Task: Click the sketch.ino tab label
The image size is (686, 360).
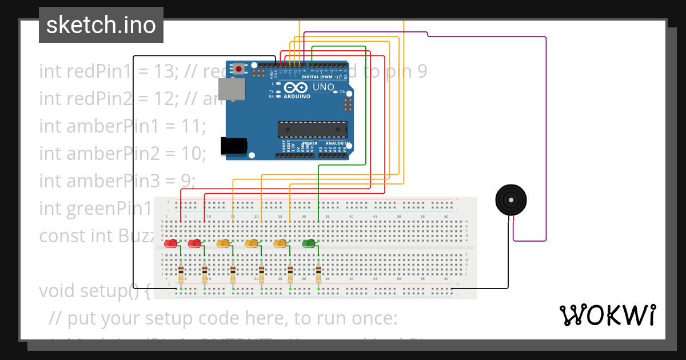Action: click(101, 25)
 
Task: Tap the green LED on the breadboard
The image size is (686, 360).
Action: click(309, 244)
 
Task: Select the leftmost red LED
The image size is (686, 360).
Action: click(170, 244)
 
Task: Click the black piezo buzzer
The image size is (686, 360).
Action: click(510, 200)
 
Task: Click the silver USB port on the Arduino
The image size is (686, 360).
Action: click(232, 90)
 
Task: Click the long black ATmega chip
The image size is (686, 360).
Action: click(312, 130)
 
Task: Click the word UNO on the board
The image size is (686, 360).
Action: click(323, 87)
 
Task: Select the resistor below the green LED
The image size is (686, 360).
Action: click(318, 274)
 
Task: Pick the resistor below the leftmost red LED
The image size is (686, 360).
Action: click(181, 274)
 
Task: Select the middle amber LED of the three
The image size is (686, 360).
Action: click(251, 244)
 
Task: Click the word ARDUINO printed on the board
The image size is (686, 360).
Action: click(297, 97)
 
